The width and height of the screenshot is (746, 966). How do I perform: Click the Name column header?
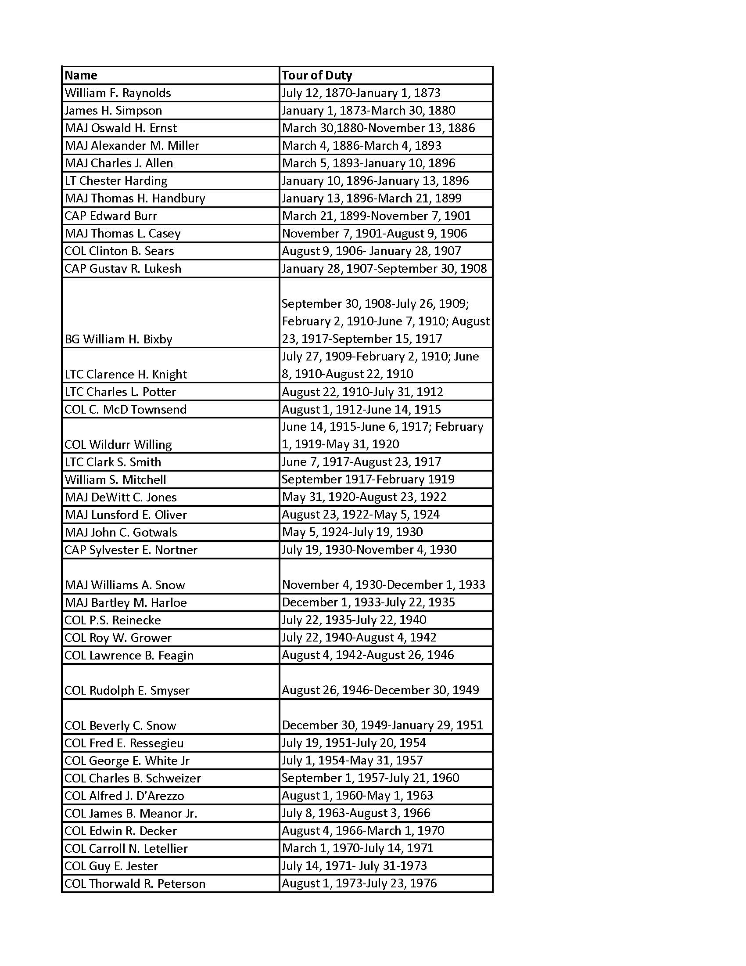click(81, 75)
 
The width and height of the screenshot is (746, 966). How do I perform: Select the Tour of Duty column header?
click(316, 75)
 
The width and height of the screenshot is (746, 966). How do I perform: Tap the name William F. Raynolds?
click(118, 93)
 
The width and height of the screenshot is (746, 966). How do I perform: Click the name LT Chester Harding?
click(116, 180)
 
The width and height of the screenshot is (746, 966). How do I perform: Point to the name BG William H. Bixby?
click(118, 339)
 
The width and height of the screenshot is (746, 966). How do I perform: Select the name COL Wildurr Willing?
click(118, 444)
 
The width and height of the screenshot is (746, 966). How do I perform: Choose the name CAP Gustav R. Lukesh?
click(123, 268)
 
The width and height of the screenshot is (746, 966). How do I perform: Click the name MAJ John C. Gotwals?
click(121, 532)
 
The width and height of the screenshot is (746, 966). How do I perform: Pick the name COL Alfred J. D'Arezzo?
click(124, 796)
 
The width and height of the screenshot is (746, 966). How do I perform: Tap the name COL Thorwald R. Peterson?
click(135, 883)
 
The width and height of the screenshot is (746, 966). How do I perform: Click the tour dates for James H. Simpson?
click(369, 110)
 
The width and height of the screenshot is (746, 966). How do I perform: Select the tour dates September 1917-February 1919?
click(368, 479)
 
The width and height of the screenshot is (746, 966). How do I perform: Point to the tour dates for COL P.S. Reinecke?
click(354, 620)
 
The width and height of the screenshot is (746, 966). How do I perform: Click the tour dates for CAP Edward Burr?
click(376, 216)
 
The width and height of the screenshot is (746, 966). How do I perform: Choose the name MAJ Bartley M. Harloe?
click(126, 602)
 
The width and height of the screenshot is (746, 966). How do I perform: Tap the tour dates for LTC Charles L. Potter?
click(362, 391)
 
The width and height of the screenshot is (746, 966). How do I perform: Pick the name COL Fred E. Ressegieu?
click(124, 743)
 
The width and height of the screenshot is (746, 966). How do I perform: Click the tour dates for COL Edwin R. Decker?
click(363, 831)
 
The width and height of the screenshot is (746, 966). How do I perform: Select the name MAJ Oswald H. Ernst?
click(121, 128)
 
